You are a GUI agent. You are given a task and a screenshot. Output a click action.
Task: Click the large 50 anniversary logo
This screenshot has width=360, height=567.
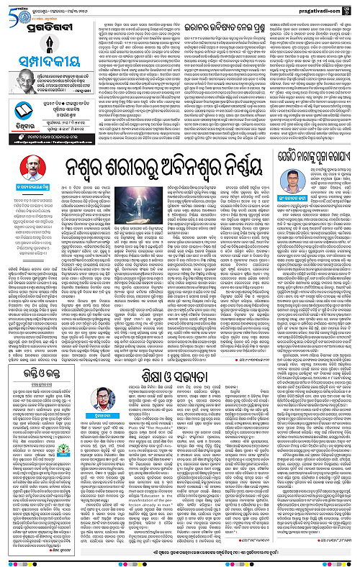[15, 9]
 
